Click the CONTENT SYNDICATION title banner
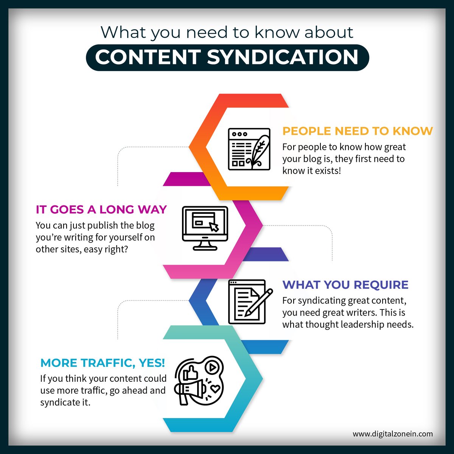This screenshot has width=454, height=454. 227,58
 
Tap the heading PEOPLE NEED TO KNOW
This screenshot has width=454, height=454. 358,131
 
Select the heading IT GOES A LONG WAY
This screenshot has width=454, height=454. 101,209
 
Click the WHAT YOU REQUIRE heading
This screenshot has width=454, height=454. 345,285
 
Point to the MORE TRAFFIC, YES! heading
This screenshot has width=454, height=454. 103,363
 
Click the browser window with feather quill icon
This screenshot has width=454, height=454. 249,149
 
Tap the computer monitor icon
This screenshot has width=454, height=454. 205,228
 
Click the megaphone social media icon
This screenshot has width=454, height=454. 199,380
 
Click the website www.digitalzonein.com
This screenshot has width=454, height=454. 392,434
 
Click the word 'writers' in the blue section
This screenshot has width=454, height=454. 362,313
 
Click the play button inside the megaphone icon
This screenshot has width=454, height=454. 213,367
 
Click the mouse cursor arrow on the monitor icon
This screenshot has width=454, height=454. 214,227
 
